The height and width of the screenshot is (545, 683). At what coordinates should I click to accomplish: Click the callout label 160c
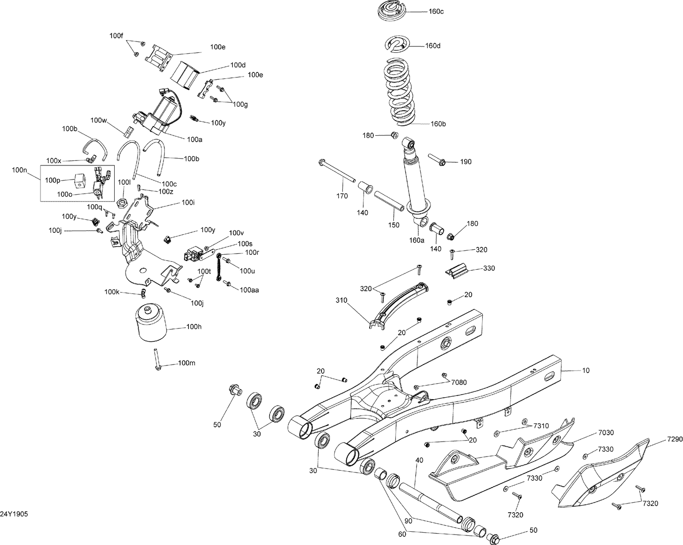436,11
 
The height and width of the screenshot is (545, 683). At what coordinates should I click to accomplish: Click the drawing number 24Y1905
14,514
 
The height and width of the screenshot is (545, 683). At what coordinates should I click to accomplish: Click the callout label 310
341,300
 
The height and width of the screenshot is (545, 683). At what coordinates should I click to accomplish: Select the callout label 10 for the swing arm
586,370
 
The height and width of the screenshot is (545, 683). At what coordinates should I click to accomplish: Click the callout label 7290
675,439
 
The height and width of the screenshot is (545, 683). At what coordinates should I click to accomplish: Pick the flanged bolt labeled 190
437,160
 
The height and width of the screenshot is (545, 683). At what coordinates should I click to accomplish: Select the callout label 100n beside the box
20,170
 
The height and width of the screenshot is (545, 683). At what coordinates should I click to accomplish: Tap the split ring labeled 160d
396,45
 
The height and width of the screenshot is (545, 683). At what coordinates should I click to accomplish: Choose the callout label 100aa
249,289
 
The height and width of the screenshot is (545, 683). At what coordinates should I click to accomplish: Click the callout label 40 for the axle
419,460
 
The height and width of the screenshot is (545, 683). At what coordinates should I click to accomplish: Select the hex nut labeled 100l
122,202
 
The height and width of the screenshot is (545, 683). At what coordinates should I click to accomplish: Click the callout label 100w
98,120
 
